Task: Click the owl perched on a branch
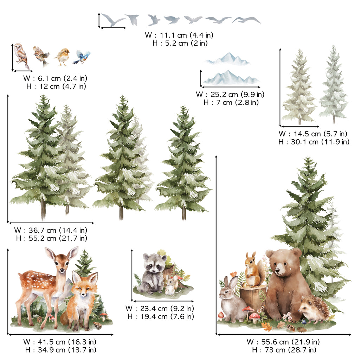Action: (x=21, y=56)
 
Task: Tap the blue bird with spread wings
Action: (x=82, y=57)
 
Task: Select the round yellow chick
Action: (x=63, y=57)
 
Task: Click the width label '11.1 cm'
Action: (x=173, y=35)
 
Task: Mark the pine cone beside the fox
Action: (x=97, y=325)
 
